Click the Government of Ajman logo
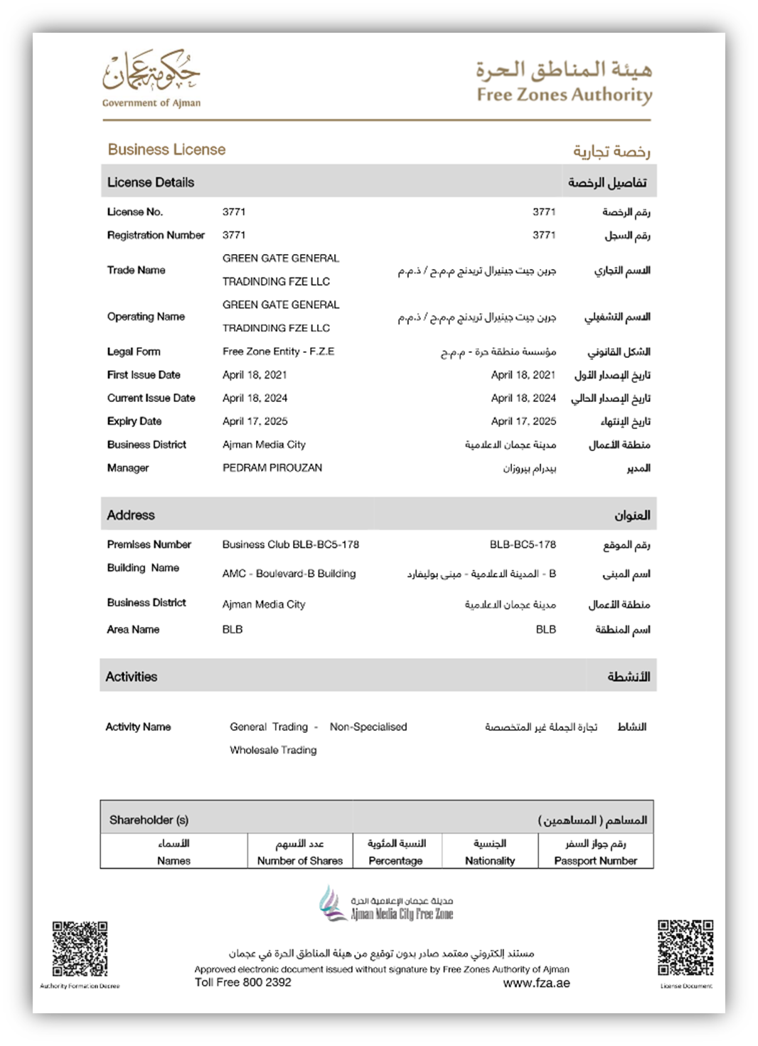(151, 78)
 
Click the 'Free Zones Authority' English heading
(564, 95)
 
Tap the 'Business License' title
(166, 149)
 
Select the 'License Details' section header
(151, 182)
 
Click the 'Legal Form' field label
(134, 352)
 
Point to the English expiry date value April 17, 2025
(255, 421)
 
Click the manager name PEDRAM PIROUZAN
(272, 467)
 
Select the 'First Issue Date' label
(144, 375)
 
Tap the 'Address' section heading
(131, 514)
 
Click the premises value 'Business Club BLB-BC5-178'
(290, 544)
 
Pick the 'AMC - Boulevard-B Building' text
(289, 574)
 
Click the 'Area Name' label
(133, 630)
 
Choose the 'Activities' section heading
(132, 677)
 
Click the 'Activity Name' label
(138, 727)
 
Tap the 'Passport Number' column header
(595, 860)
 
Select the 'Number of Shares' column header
(299, 860)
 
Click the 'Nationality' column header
(489, 860)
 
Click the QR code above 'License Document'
(685, 948)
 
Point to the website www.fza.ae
(536, 983)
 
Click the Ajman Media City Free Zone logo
(385, 904)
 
